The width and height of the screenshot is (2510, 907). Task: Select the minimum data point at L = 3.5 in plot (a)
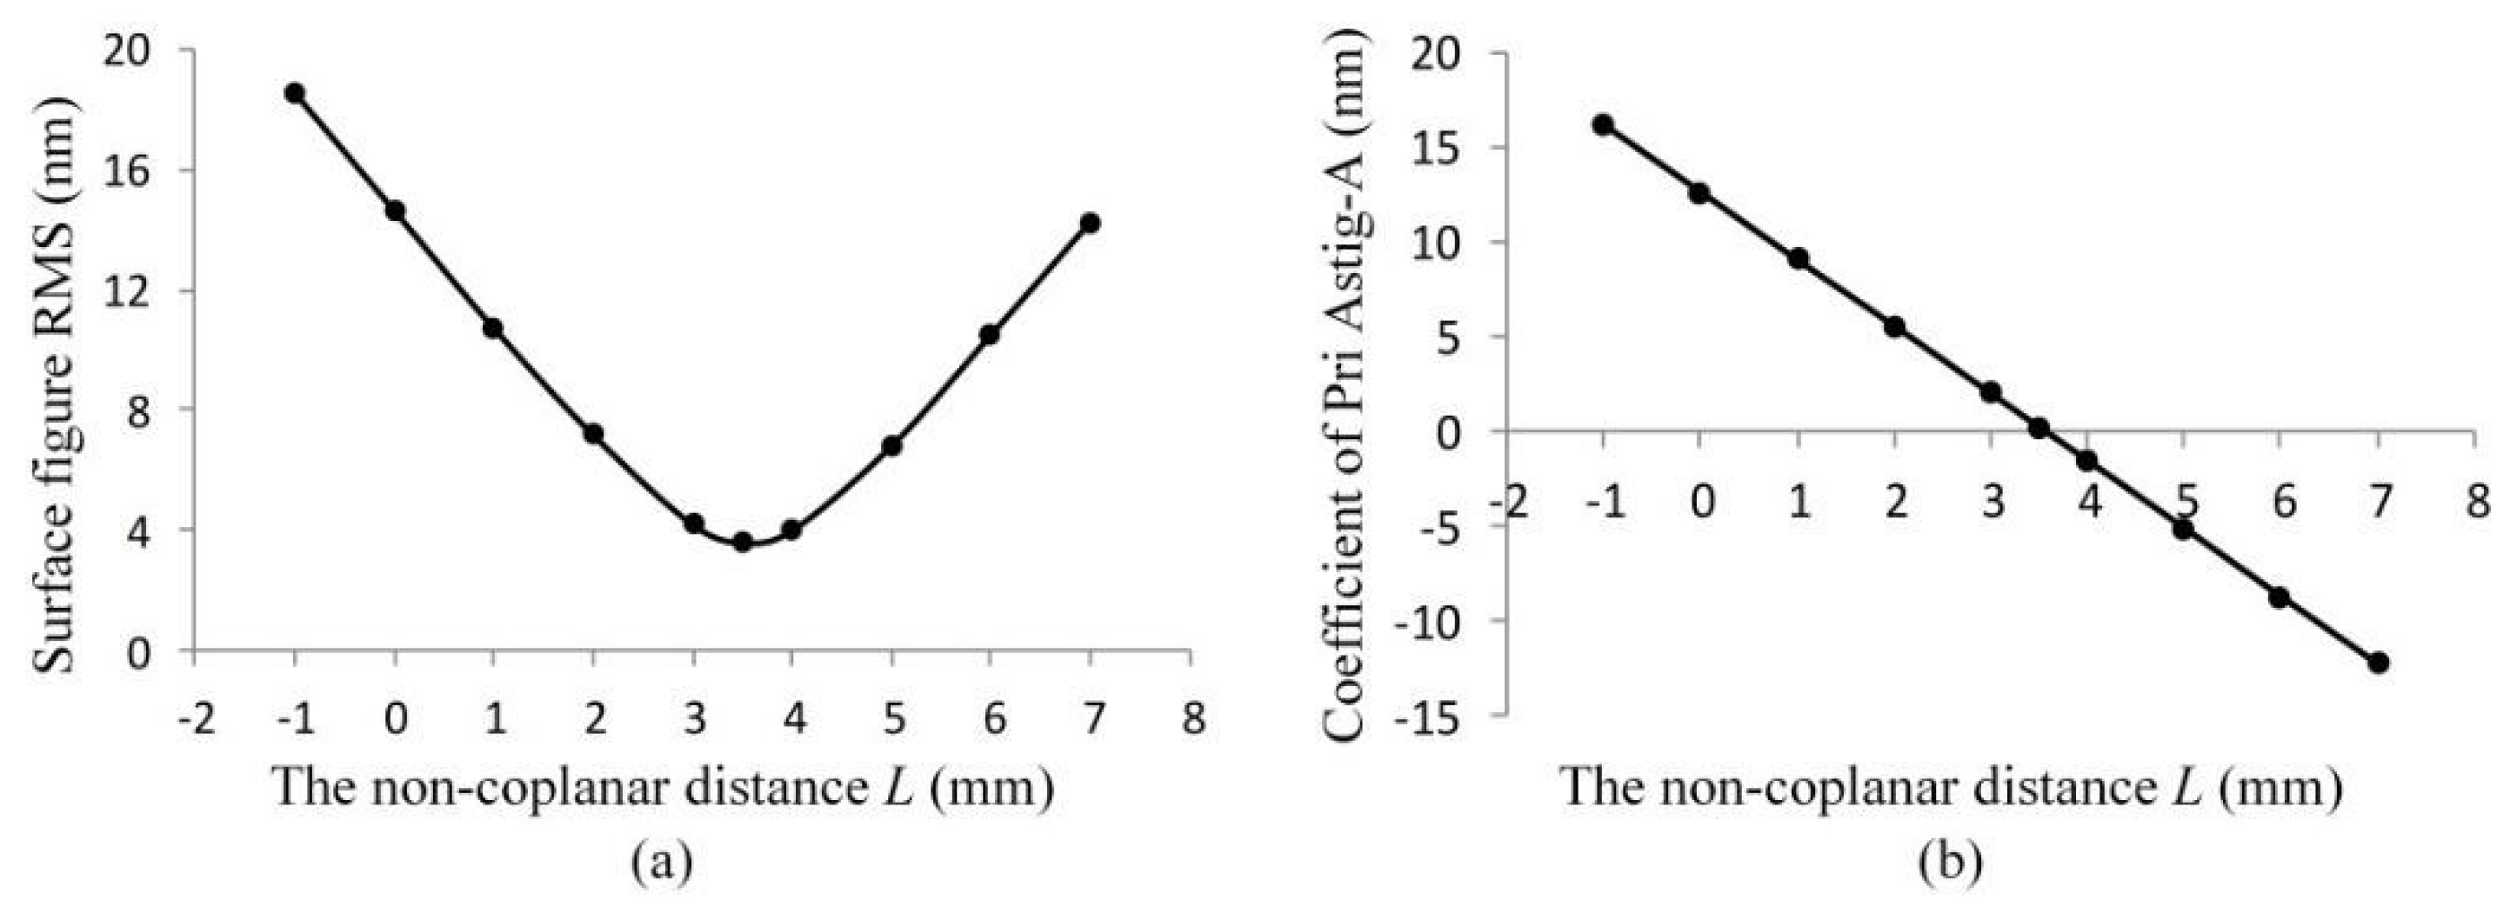point(743,542)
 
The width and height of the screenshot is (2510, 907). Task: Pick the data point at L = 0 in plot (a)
point(395,210)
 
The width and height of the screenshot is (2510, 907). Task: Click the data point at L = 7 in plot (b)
point(2379,663)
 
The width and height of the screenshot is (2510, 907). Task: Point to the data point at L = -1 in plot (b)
point(1603,124)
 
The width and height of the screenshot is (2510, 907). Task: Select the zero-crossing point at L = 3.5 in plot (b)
point(2039,428)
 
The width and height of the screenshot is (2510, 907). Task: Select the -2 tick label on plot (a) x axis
point(195,719)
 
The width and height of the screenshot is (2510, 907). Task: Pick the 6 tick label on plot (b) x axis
point(2283,503)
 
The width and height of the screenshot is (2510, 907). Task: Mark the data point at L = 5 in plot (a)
point(891,446)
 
